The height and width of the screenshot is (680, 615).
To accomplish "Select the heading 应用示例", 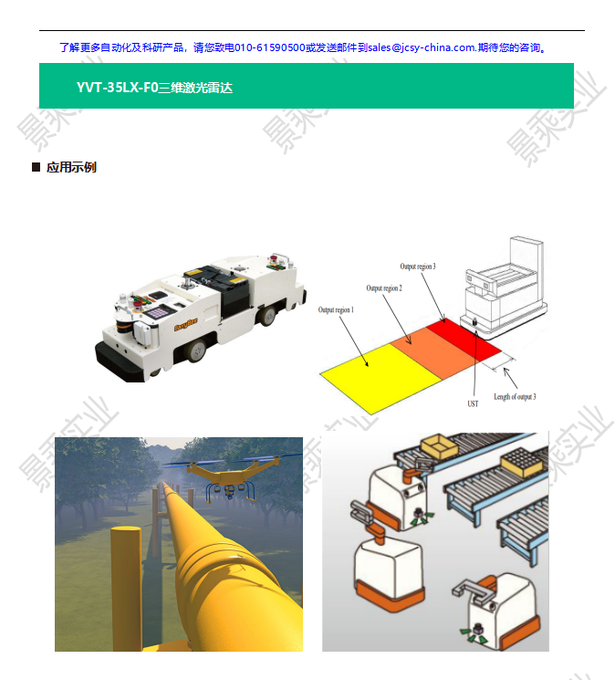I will (x=71, y=167).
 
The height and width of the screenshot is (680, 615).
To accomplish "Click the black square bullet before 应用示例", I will (x=36, y=167).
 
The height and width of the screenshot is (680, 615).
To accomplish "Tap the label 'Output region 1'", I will (x=336, y=310).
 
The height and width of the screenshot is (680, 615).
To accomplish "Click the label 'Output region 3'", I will (x=418, y=267).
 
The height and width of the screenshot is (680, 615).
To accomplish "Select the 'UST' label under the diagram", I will (x=473, y=403).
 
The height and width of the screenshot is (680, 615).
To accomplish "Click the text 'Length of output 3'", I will (x=515, y=396).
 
